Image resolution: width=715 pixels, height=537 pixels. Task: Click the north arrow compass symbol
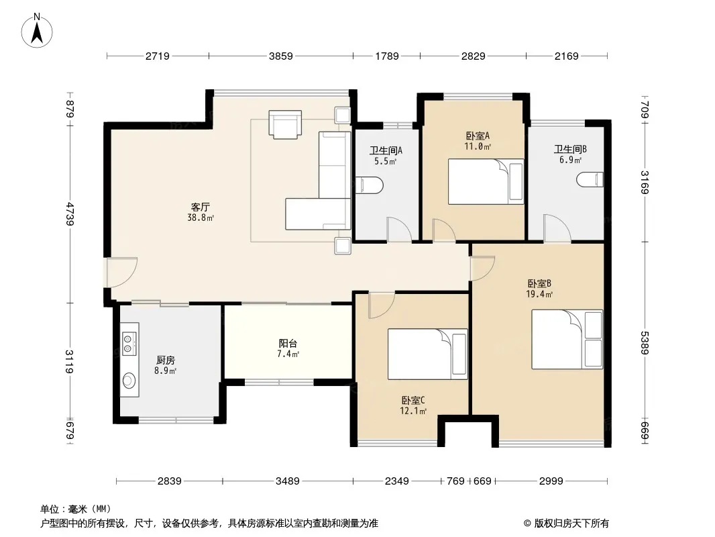tap(37, 31)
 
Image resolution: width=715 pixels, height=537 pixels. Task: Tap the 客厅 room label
tap(200, 207)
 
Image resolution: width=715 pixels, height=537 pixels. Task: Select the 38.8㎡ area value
tap(201, 218)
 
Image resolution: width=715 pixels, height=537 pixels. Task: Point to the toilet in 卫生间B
tap(590, 179)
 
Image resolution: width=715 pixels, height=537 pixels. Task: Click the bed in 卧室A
tap(486, 182)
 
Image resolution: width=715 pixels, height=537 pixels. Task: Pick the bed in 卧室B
tap(567, 340)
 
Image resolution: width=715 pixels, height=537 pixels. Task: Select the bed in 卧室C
tap(428, 354)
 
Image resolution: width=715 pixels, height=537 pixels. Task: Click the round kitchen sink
tap(129, 380)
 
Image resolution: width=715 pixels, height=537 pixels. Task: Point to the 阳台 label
tap(288, 343)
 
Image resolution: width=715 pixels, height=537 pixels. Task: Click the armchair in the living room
tap(285, 124)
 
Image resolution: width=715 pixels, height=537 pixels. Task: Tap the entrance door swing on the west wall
tap(122, 273)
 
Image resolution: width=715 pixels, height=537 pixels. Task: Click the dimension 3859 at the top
tap(280, 56)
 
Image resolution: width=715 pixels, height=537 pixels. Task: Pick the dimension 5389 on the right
tap(644, 342)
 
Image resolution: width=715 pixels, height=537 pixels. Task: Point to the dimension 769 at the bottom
tap(455, 481)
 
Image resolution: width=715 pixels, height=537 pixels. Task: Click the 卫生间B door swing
tap(557, 228)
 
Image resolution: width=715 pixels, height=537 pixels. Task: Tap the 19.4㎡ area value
tap(539, 295)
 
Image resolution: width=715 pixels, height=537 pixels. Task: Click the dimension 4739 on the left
tap(69, 213)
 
